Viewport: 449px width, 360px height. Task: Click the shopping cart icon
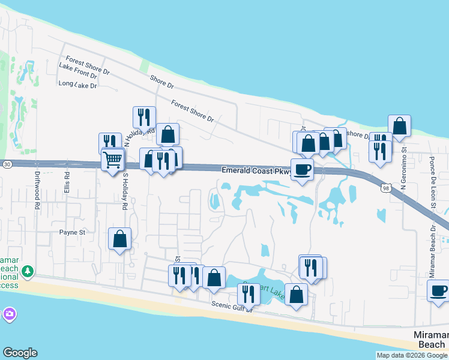pyautogui.click(x=112, y=160)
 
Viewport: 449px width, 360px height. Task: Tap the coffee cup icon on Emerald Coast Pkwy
pyautogui.click(x=302, y=169)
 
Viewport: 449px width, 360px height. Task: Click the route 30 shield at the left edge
pyautogui.click(x=6, y=163)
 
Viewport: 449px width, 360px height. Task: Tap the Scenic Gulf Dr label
pyautogui.click(x=234, y=305)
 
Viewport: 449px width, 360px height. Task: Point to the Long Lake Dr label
pyautogui.click(x=78, y=85)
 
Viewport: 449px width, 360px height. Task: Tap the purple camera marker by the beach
pyautogui.click(x=9, y=314)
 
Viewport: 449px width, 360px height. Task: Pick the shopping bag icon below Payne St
pyautogui.click(x=120, y=239)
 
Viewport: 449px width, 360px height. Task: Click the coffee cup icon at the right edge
pyautogui.click(x=438, y=290)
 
